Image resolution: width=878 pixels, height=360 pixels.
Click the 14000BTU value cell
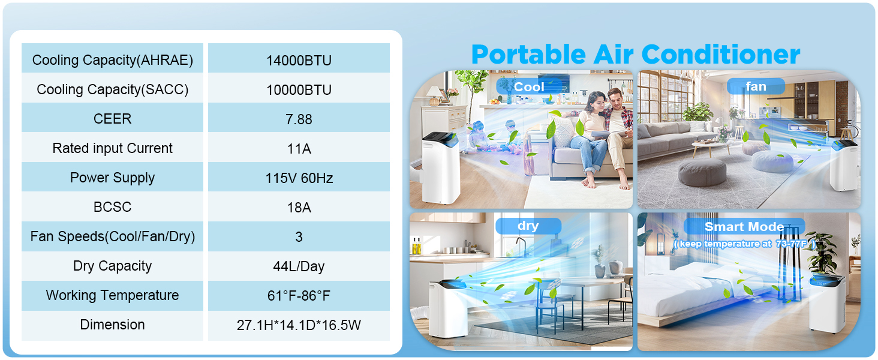(299, 61)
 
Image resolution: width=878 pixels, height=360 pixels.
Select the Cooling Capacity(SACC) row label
(113, 90)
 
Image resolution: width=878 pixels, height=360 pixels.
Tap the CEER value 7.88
(299, 119)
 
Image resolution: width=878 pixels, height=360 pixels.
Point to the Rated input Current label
(113, 149)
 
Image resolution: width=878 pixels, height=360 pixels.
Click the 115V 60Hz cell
(299, 178)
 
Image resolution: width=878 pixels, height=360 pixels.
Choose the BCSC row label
(113, 208)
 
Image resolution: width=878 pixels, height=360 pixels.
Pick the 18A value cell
(299, 208)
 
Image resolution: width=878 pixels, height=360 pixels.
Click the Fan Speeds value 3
(299, 237)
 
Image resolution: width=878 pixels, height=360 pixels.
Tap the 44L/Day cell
(299, 266)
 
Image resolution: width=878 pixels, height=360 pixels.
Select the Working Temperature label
(113, 296)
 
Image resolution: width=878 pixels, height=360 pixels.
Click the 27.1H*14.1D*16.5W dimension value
(299, 325)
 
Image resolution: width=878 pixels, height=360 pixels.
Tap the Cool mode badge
(529, 87)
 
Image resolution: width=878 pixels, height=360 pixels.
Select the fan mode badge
(756, 87)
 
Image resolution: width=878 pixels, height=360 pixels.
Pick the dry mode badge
(528, 226)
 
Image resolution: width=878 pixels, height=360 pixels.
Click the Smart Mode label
(744, 227)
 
